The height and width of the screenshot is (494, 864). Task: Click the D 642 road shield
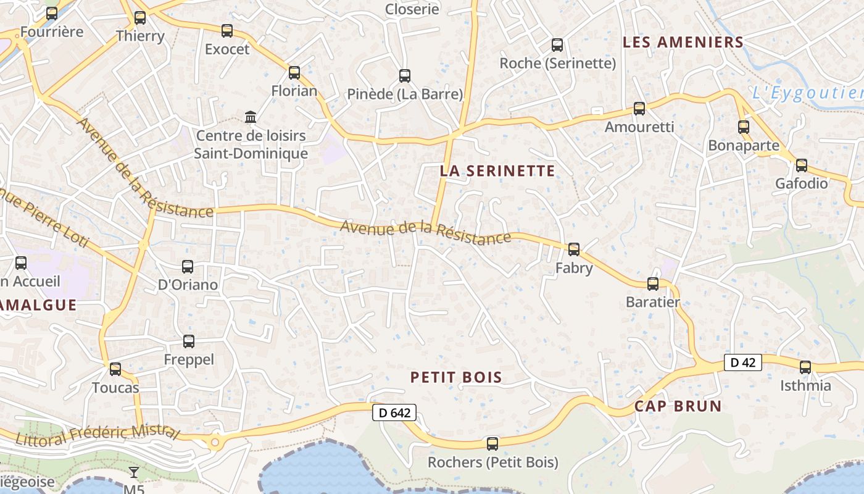(x=394, y=413)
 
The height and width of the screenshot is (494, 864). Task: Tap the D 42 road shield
(x=742, y=362)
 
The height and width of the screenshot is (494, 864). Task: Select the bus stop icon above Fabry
(x=574, y=249)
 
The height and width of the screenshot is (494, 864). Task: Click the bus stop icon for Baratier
(x=653, y=284)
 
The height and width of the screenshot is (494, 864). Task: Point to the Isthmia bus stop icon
(x=805, y=367)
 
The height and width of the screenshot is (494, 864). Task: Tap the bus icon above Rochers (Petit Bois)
(x=492, y=443)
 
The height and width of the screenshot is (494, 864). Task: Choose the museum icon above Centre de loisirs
(x=251, y=117)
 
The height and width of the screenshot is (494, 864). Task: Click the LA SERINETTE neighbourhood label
(x=497, y=171)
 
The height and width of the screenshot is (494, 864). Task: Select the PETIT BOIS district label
(x=456, y=377)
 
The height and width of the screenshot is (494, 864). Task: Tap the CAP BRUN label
(x=678, y=406)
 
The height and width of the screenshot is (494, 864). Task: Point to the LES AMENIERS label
(x=683, y=43)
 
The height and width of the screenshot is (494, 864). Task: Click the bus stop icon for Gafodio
(x=802, y=165)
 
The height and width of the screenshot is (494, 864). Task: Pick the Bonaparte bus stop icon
(x=744, y=127)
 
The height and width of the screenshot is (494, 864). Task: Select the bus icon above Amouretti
(x=639, y=109)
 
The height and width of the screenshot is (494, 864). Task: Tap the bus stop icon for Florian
(x=294, y=73)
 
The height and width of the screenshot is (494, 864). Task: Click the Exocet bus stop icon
(x=227, y=31)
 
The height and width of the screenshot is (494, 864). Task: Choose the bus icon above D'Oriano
(x=188, y=267)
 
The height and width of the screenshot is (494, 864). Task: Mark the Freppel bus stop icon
(x=189, y=341)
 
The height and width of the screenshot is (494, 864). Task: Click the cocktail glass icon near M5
(x=133, y=473)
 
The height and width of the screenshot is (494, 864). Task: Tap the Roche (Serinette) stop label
(x=557, y=63)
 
